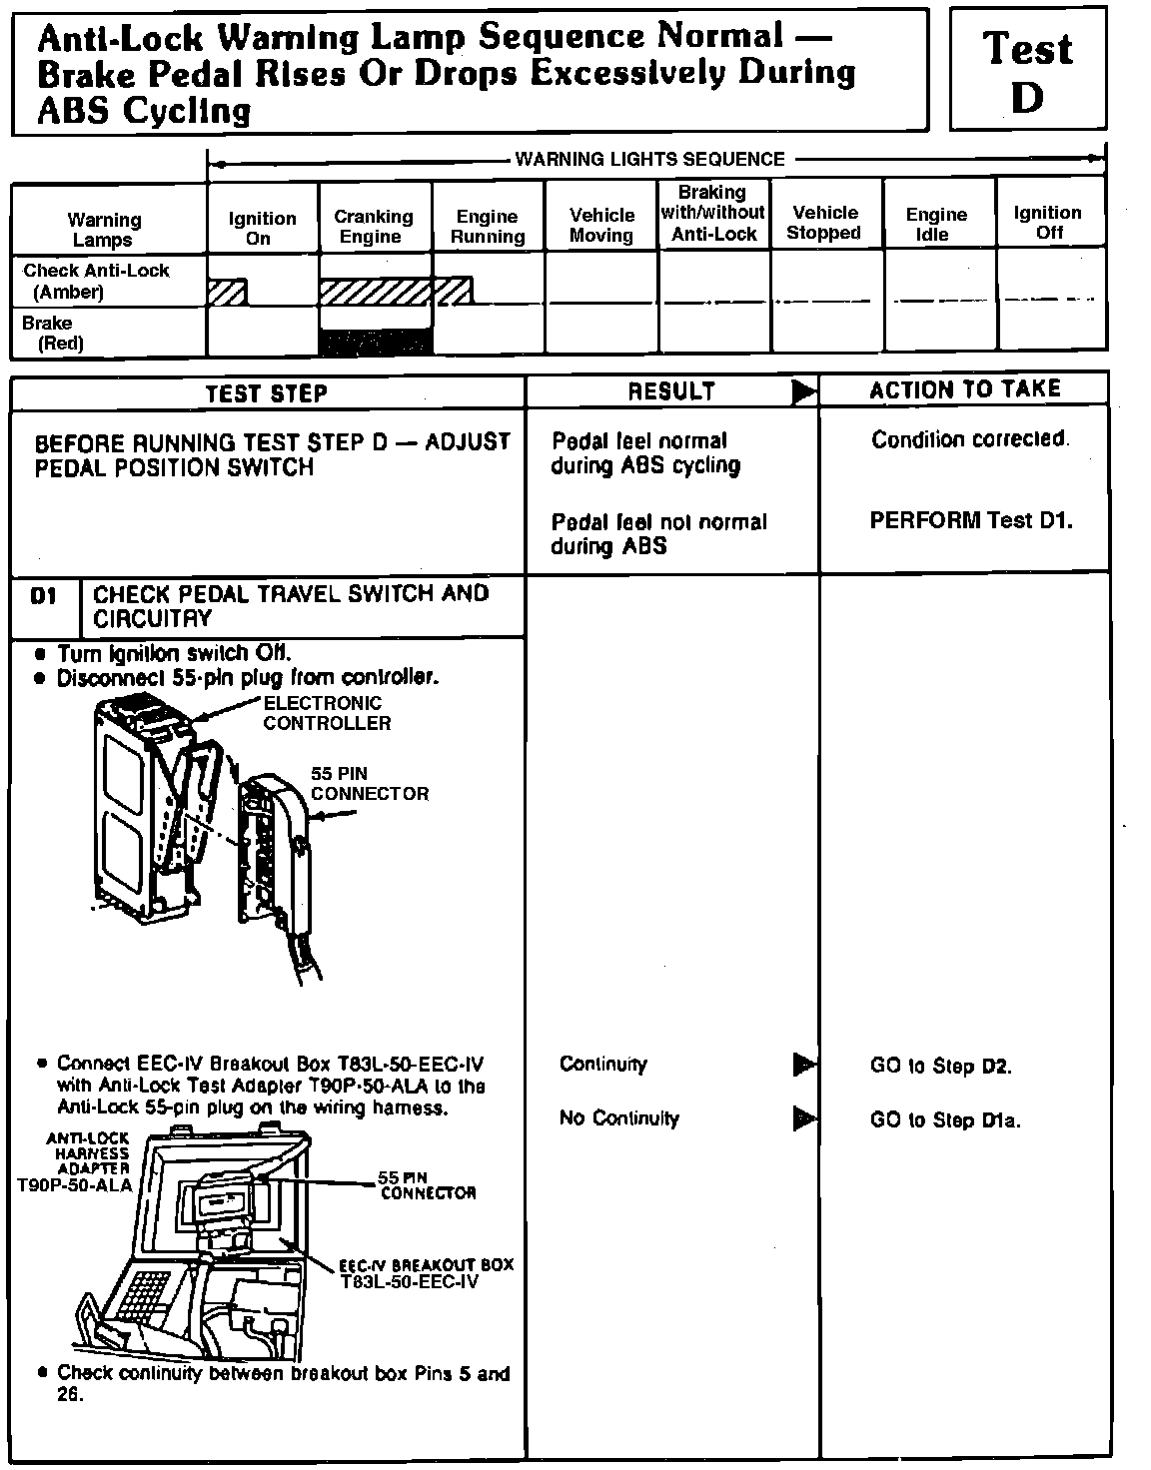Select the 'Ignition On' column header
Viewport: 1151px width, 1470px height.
click(262, 228)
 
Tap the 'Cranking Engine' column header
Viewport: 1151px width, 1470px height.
click(373, 227)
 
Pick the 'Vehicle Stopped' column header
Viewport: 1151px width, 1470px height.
click(824, 223)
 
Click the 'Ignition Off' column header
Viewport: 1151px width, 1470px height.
click(1047, 222)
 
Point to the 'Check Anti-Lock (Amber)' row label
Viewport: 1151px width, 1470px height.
click(96, 281)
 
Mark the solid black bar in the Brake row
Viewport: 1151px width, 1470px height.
click(375, 343)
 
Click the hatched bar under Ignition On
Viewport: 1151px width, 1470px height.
click(227, 292)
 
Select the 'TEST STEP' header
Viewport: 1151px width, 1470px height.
click(266, 393)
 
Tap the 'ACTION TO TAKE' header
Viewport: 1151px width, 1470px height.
click(964, 389)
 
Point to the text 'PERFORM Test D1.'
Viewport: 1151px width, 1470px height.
click(970, 520)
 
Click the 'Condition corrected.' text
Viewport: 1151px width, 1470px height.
click(970, 439)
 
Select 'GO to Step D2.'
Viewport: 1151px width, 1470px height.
click(940, 1067)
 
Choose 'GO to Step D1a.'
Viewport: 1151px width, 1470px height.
click(944, 1120)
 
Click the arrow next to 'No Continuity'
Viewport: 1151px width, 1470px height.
click(803, 1118)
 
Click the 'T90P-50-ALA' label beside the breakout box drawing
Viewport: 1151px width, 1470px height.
click(74, 1185)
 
